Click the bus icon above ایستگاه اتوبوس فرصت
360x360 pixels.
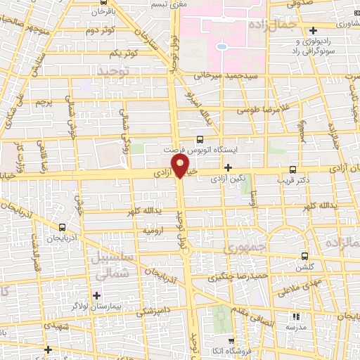201,139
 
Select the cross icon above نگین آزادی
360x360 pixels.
228,167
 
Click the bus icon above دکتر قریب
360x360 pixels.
293,169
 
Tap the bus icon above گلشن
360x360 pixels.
304,256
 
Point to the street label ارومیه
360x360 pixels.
154,230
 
